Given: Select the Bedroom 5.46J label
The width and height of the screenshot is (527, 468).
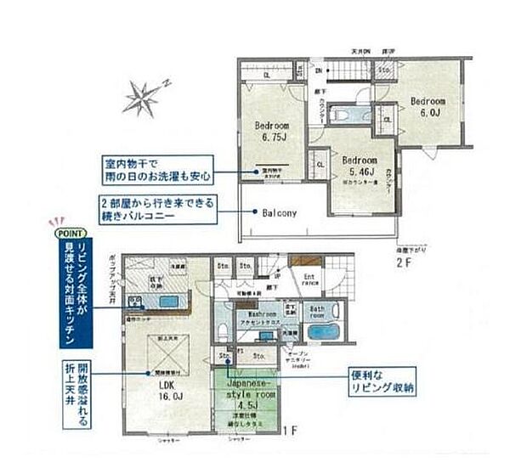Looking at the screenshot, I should pyautogui.click(x=359, y=164).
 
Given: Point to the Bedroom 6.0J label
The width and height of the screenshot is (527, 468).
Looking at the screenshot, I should pyautogui.click(x=428, y=107).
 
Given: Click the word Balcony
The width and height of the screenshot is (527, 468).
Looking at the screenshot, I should pyautogui.click(x=279, y=214).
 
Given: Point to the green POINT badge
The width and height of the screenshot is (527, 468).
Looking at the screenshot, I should pyautogui.click(x=67, y=231).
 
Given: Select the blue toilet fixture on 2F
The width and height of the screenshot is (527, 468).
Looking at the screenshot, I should pyautogui.click(x=350, y=113).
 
